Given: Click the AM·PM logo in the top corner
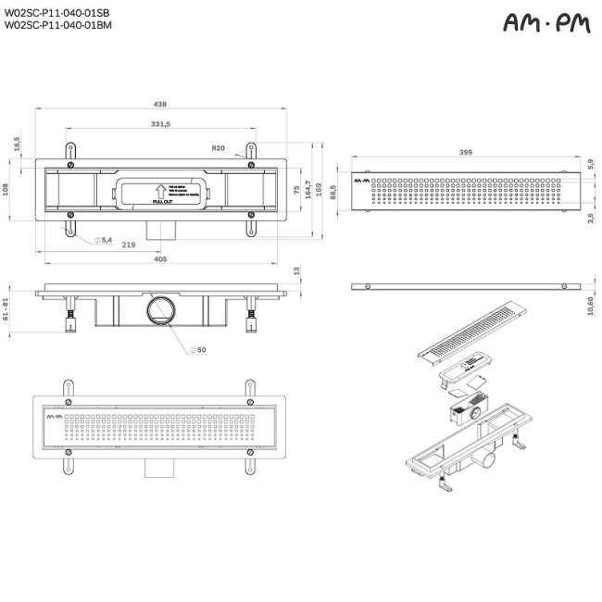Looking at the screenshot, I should point(546,23).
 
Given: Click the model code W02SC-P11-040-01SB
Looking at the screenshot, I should point(57,13).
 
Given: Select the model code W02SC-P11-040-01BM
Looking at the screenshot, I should point(58,26).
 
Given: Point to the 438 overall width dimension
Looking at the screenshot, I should point(160,105).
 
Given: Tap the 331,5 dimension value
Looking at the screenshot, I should point(160,124).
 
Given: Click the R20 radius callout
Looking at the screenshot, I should point(219,148).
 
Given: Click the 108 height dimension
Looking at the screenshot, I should point(7,189).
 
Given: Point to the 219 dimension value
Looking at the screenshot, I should point(128,245).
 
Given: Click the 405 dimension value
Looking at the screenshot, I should point(160,260).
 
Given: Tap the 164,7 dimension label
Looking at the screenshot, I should point(308,190).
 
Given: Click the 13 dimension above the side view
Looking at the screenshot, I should point(296,270).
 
